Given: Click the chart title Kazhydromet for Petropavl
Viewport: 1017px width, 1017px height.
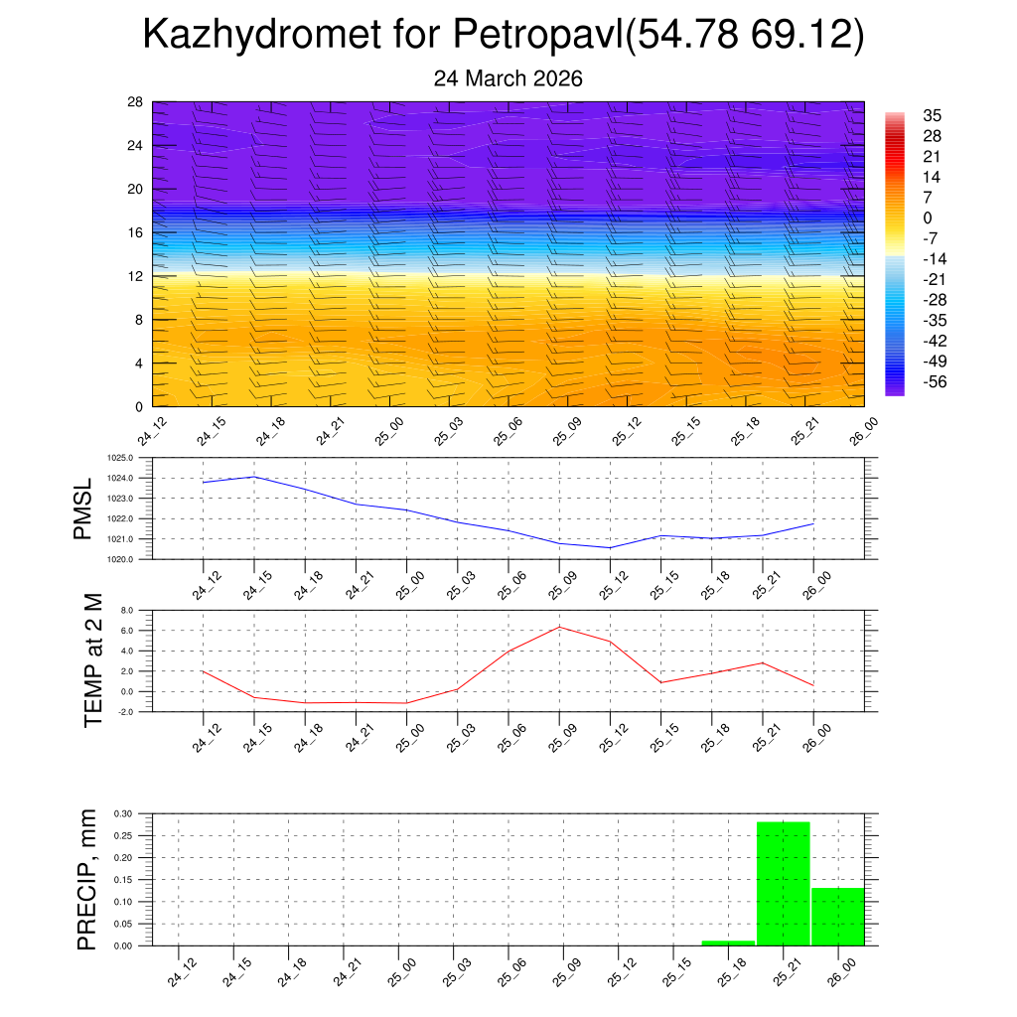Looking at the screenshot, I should point(504,36).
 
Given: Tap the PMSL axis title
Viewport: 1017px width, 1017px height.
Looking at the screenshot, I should point(82,508).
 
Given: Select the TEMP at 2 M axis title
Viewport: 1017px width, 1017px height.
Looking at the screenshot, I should point(94,660).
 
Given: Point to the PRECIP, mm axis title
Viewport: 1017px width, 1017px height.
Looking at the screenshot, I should point(87,879).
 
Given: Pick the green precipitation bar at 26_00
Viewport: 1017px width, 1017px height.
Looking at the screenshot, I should point(837,916).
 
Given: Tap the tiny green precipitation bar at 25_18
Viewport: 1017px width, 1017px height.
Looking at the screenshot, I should point(728,943).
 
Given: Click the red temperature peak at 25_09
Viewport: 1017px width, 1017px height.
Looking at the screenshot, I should point(559,627).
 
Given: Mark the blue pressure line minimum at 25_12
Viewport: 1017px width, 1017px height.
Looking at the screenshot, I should point(610,547).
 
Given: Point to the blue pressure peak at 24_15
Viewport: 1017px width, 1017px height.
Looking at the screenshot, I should point(254,477).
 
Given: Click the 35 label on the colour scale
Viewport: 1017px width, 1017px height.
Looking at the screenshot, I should point(932,115).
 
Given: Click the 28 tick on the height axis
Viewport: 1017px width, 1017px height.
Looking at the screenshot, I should point(135,101).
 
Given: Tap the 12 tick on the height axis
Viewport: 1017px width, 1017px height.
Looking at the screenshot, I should point(135,276).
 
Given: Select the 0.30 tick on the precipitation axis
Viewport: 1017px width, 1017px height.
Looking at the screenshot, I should point(122,813).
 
